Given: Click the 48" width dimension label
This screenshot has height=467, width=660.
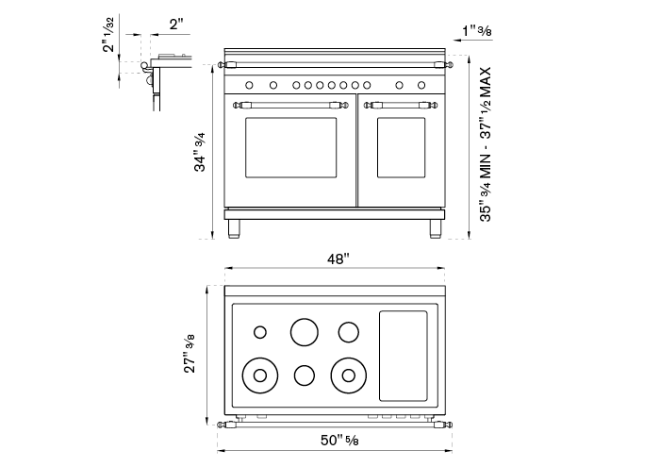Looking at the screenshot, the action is pyautogui.click(x=338, y=259).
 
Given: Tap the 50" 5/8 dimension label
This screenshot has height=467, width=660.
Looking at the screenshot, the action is pyautogui.click(x=339, y=440).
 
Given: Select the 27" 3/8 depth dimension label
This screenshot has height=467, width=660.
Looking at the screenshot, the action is pyautogui.click(x=189, y=353).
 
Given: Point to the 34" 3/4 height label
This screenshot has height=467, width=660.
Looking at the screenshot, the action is pyautogui.click(x=199, y=152).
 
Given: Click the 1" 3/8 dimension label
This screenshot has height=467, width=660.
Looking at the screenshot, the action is pyautogui.click(x=477, y=31).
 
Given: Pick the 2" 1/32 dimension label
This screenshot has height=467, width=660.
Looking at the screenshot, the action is pyautogui.click(x=108, y=35).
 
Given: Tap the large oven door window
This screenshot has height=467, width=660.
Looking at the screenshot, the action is pyautogui.click(x=290, y=147).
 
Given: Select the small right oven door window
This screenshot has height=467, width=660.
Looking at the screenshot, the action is pyautogui.click(x=401, y=147).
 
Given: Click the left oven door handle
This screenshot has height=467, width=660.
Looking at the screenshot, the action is pyautogui.click(x=290, y=105).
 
